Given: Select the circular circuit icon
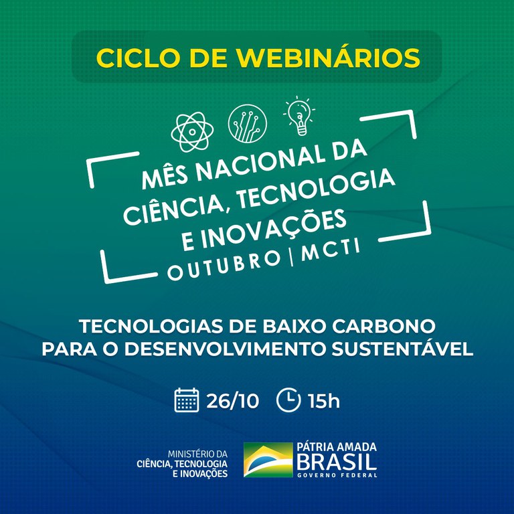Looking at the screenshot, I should tap(247, 122).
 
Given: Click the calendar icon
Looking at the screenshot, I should tap(187, 401).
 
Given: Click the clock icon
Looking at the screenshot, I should tap(288, 401).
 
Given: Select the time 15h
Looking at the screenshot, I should tap(324, 402).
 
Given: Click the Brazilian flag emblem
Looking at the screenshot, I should tap(268, 460).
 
